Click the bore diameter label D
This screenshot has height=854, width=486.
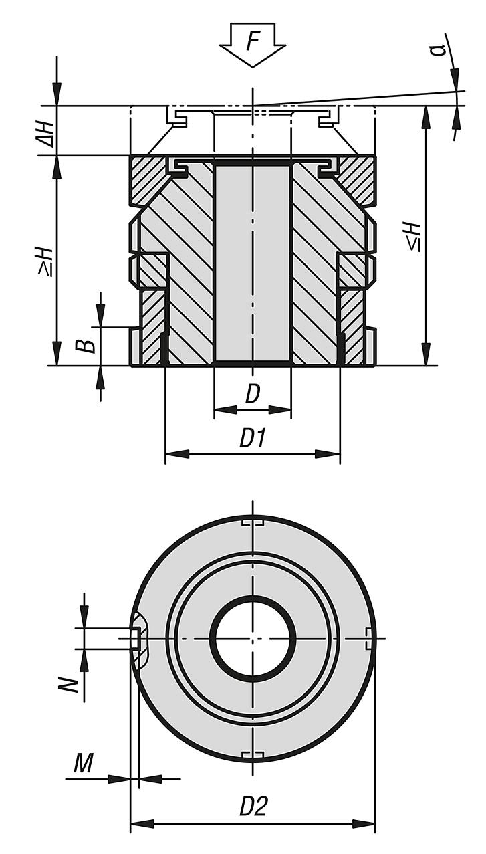pyautogui.click(x=252, y=394)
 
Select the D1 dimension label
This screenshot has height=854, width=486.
pyautogui.click(x=253, y=439)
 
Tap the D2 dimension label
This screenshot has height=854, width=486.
pyautogui.click(x=253, y=807)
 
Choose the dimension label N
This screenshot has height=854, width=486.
pyautogui.click(x=76, y=683)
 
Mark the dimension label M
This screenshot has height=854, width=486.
pyautogui.click(x=84, y=763)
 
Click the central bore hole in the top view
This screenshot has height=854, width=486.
pyautogui.click(x=253, y=639)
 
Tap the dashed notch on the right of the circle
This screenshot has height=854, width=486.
pyautogui.click(x=370, y=638)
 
